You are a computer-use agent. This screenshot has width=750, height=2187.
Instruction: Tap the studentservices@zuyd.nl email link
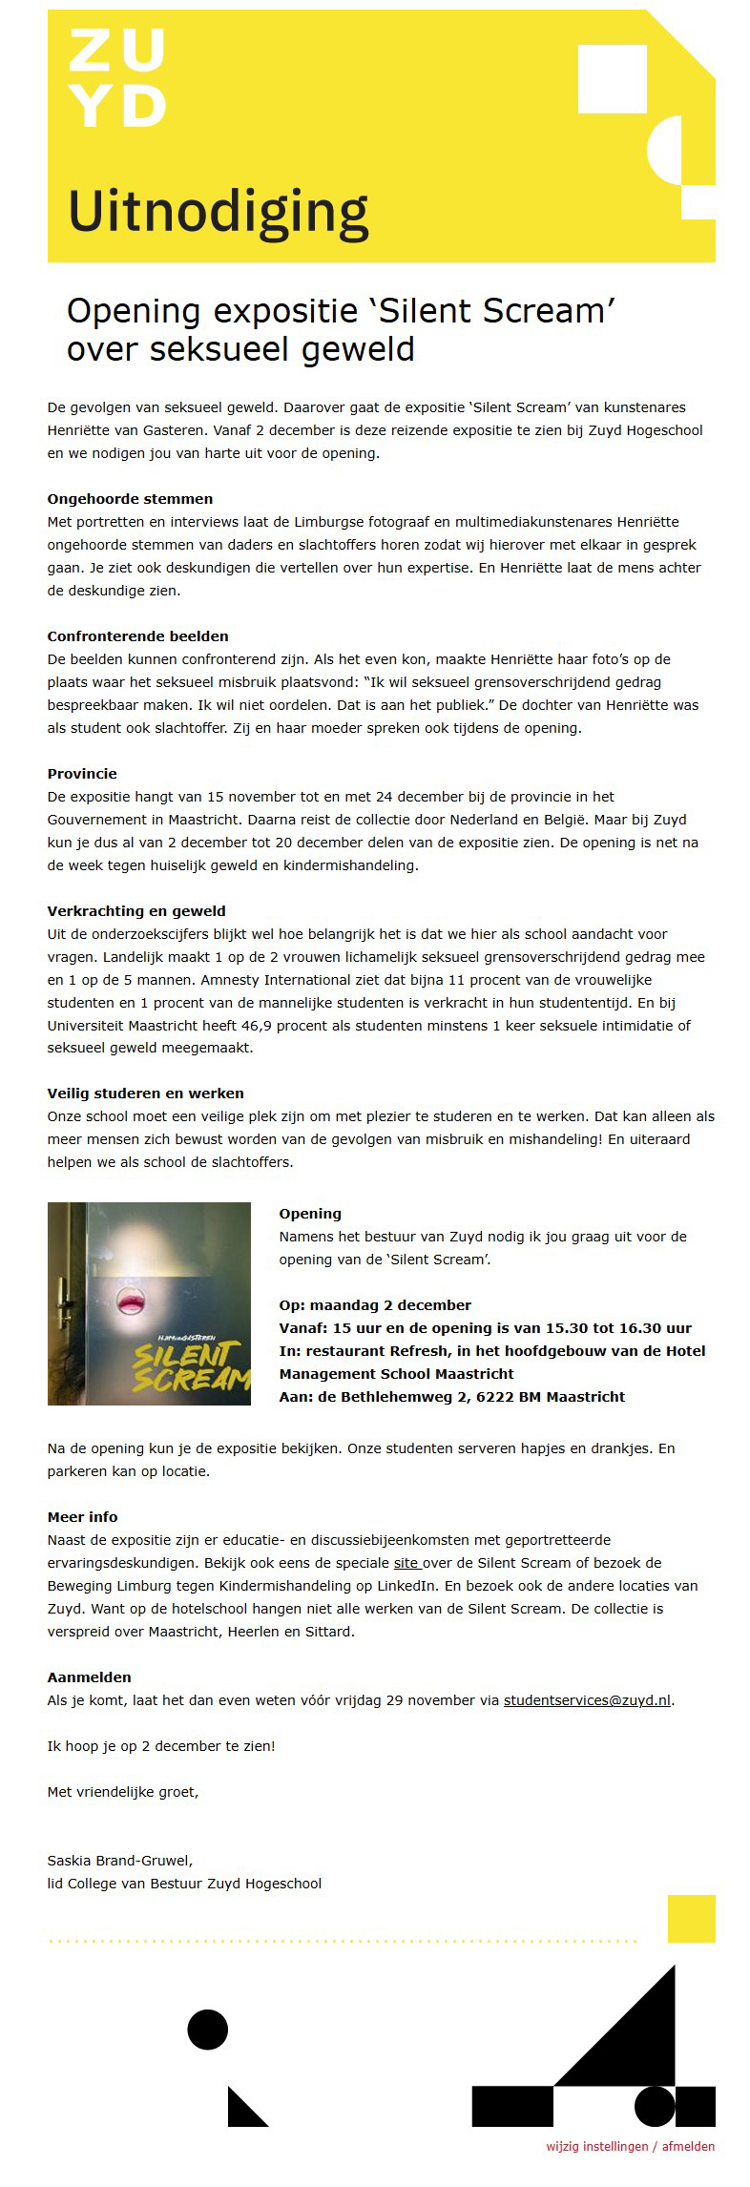tap(587, 1699)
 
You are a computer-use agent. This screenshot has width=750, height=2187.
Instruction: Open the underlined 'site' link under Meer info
tap(406, 1562)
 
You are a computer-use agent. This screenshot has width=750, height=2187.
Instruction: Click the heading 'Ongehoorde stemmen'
tap(130, 499)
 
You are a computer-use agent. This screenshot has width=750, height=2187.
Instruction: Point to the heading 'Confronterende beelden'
tap(137, 636)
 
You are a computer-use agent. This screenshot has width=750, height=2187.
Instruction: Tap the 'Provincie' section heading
tap(82, 774)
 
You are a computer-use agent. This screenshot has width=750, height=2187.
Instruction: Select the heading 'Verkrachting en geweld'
tap(136, 911)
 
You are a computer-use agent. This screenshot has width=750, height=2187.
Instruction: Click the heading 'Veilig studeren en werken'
tap(145, 1093)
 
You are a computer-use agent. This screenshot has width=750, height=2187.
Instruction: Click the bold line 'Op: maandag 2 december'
tap(375, 1305)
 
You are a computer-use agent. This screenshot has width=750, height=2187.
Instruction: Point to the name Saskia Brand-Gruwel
tap(119, 1860)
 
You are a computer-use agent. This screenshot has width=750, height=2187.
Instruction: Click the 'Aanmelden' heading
tap(90, 1677)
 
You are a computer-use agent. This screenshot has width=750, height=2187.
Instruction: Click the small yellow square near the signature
tap(691, 1918)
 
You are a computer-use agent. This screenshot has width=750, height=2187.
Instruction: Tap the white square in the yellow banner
tap(613, 79)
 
